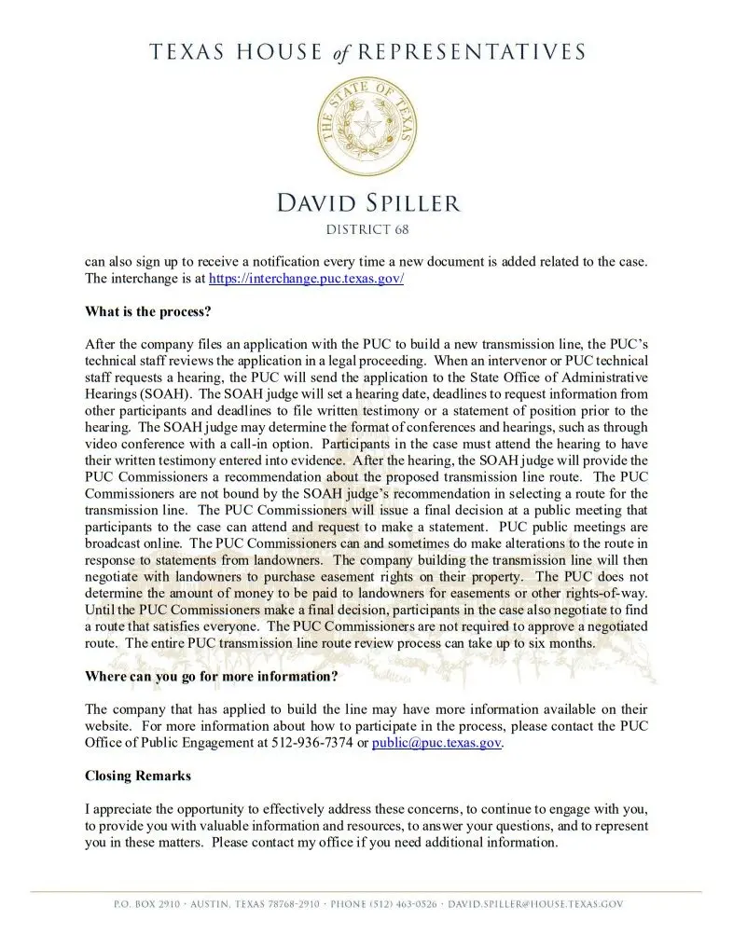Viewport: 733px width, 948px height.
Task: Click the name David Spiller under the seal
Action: coord(366,201)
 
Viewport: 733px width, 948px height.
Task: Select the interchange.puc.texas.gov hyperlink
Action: coord(306,279)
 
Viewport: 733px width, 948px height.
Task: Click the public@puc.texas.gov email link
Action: coord(437,743)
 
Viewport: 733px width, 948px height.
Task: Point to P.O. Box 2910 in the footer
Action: coord(140,904)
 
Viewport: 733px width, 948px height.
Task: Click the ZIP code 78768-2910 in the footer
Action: coord(284,904)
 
